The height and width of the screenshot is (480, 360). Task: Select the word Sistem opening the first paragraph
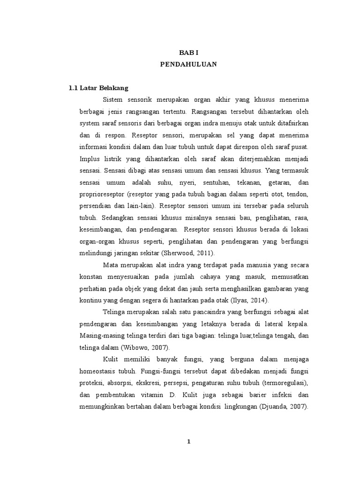pyautogui.click(x=112, y=100)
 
